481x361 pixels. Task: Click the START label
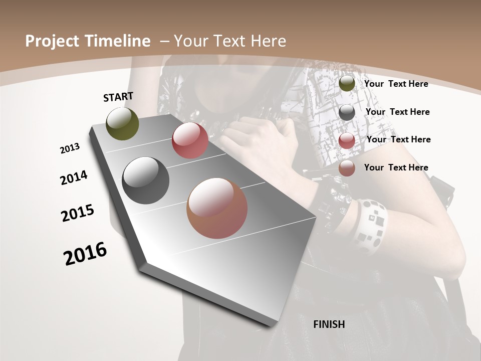[x=118, y=97]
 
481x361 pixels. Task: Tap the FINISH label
[x=329, y=324]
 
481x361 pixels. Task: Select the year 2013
[x=70, y=148]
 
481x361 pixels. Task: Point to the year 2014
[x=74, y=178]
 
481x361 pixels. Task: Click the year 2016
[x=85, y=254]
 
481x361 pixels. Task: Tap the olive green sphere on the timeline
[x=122, y=123]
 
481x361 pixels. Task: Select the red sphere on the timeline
[x=190, y=140]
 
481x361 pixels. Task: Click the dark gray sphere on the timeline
[x=145, y=180]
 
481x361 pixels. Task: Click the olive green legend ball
[x=347, y=84]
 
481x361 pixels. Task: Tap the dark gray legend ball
[x=347, y=112]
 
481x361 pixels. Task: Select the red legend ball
[x=347, y=140]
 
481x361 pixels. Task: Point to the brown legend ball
[x=347, y=168]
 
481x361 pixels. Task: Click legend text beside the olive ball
[x=396, y=84]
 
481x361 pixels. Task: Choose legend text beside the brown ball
[x=396, y=167]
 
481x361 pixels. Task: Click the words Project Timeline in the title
[x=88, y=41]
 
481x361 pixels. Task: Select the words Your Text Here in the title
[x=230, y=41]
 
